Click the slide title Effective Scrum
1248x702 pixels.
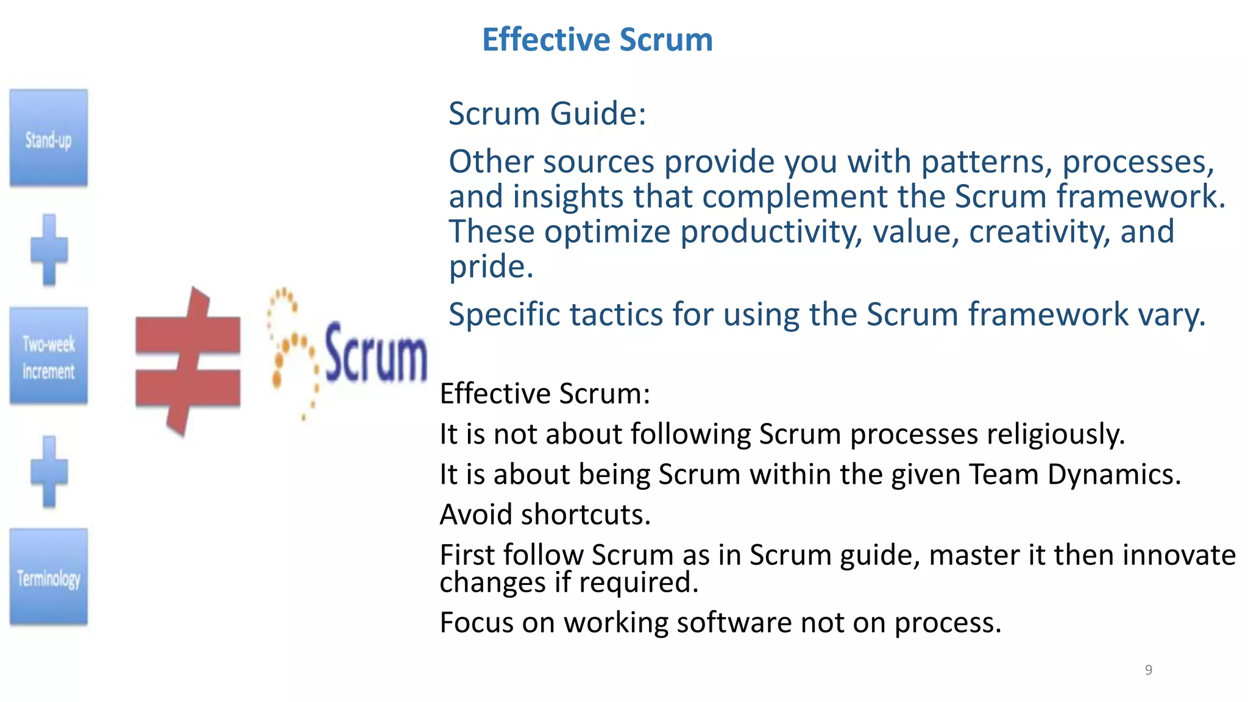[x=597, y=40]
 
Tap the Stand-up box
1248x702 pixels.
[x=49, y=138]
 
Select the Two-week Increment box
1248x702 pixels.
[x=49, y=356]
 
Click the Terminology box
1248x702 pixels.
[x=49, y=577]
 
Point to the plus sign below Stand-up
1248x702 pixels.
[x=49, y=250]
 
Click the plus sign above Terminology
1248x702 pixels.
[x=49, y=472]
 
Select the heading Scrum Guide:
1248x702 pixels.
[x=547, y=114]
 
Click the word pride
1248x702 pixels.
[x=490, y=267]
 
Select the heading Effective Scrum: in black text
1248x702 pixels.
[x=545, y=394]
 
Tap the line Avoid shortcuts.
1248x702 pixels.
[x=545, y=515]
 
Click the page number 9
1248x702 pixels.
[x=1148, y=670]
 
